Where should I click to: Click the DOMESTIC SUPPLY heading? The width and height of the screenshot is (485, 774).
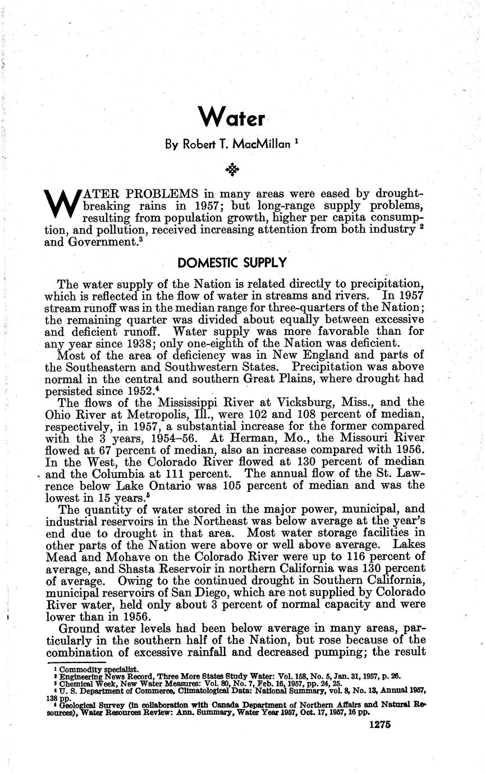point(232,262)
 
